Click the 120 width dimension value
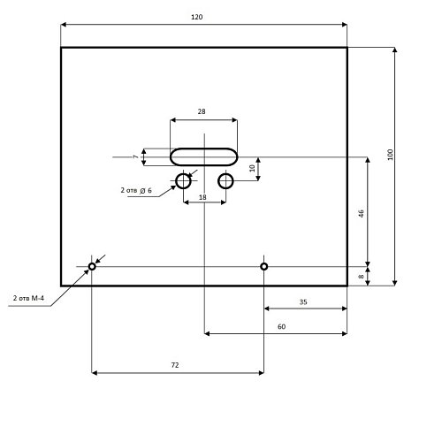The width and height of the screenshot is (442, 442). point(197,17)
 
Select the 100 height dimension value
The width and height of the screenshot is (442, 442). point(391,155)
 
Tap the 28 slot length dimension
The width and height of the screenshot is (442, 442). point(202,111)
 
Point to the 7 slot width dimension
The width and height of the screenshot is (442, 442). point(135,156)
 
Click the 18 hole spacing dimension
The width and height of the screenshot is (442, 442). point(202,197)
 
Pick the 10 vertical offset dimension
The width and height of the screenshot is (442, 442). point(252,168)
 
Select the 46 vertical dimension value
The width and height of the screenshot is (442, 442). point(362,214)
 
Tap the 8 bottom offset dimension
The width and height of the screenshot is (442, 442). point(361,277)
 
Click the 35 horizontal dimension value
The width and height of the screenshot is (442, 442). point(303,302)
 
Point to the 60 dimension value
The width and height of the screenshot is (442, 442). point(281,327)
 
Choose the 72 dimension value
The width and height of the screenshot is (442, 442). point(175,365)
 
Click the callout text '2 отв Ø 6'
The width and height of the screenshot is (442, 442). point(136,190)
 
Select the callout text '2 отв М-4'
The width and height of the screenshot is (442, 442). point(28,298)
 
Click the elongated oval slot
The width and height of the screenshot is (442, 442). point(203,149)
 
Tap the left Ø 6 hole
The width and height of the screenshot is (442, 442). point(183,173)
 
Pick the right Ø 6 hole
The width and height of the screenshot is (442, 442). point(225,173)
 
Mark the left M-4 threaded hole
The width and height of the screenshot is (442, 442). point(92,263)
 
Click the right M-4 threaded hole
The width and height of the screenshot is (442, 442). point(264,263)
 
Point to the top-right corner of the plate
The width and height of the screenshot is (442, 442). point(347,48)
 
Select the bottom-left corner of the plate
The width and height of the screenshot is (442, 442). point(61,286)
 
